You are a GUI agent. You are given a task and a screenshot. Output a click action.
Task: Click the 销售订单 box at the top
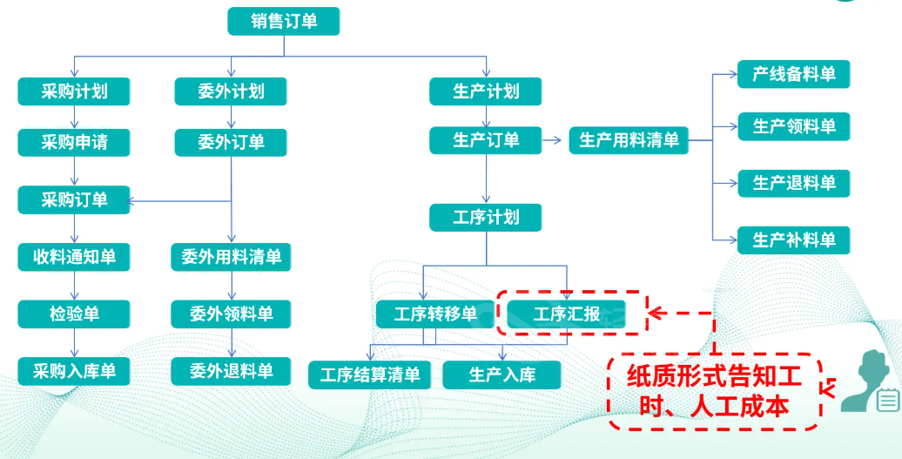tap(283, 22)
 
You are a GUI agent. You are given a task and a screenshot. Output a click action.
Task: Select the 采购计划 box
tap(74, 91)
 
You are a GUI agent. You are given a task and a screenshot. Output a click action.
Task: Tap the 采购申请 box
tap(74, 142)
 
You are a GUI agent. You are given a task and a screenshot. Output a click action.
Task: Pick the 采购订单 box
tap(74, 199)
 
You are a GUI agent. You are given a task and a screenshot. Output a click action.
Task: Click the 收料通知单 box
tap(74, 257)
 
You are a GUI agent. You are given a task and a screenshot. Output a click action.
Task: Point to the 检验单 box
tap(74, 314)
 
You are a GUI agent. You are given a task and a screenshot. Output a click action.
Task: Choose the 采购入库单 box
tap(74, 372)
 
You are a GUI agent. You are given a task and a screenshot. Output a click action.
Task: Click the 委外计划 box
tap(231, 91)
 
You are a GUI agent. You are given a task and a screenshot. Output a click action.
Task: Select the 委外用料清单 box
tap(231, 257)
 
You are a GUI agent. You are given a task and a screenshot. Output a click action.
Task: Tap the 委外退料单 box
tap(231, 372)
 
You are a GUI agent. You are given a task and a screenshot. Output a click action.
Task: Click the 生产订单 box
tap(486, 140)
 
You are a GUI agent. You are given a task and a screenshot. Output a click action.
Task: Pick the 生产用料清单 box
tap(629, 140)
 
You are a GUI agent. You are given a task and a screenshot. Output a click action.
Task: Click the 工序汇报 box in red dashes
tap(567, 314)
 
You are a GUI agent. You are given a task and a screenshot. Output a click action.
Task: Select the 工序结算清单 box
tap(370, 375)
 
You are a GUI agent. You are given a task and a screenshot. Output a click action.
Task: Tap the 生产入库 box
tap(501, 375)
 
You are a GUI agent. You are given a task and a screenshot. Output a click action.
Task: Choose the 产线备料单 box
tap(793, 74)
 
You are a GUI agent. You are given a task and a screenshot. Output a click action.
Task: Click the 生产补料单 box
tap(793, 240)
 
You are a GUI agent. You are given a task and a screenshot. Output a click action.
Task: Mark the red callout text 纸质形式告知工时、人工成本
tap(714, 392)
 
